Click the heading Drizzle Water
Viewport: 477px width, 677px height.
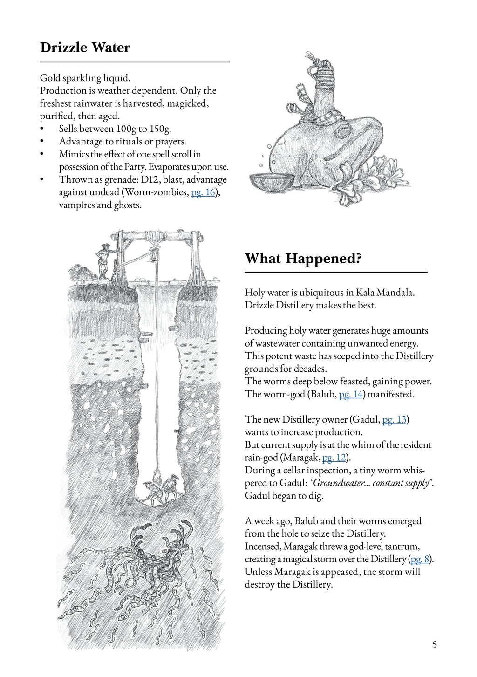(x=85, y=48)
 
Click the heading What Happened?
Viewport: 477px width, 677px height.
(x=303, y=259)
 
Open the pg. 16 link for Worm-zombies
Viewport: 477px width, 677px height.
(x=203, y=192)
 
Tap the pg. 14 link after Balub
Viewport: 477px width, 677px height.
(x=351, y=394)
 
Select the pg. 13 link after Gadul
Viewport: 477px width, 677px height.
(x=394, y=420)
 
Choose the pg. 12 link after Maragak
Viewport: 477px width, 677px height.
(x=334, y=458)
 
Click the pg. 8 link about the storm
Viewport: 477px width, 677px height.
(x=419, y=559)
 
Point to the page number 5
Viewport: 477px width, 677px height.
(x=435, y=645)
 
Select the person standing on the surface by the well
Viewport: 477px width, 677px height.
(x=103, y=261)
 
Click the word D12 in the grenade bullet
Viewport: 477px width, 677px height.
(x=150, y=180)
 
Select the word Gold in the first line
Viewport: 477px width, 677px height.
(x=50, y=78)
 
